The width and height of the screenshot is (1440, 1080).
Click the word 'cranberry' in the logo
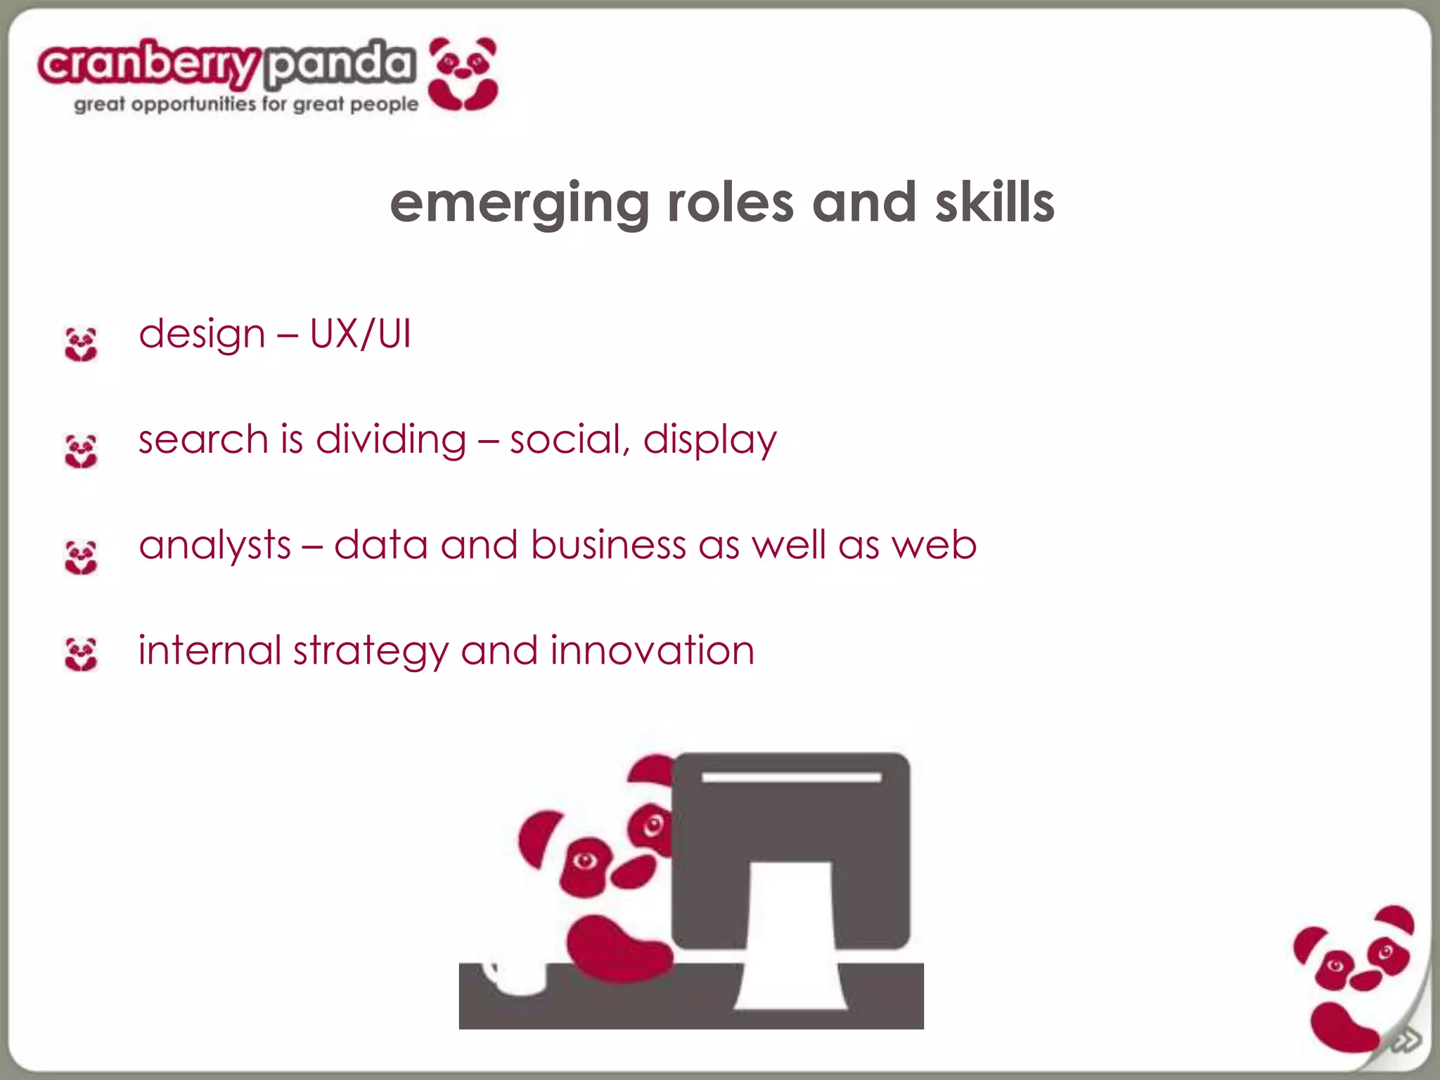click(149, 65)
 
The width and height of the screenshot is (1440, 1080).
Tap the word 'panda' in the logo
click(340, 65)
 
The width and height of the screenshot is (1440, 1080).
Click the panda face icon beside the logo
click(463, 74)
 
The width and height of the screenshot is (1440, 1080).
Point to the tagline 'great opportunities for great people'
click(246, 105)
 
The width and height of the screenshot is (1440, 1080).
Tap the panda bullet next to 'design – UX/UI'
click(81, 344)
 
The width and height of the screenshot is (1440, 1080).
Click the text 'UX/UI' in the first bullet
click(360, 334)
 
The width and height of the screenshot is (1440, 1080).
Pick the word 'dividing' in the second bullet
click(391, 440)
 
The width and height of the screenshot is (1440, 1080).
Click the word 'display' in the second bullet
click(709, 440)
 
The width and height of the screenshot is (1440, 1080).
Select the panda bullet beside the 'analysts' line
click(81, 557)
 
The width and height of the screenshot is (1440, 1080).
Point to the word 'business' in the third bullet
click(608, 546)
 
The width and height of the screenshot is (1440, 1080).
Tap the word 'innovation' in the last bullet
click(652, 650)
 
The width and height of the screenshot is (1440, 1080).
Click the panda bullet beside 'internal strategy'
click(81, 654)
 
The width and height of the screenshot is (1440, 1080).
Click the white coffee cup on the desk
click(517, 977)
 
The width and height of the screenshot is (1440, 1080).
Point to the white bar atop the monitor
click(791, 777)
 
